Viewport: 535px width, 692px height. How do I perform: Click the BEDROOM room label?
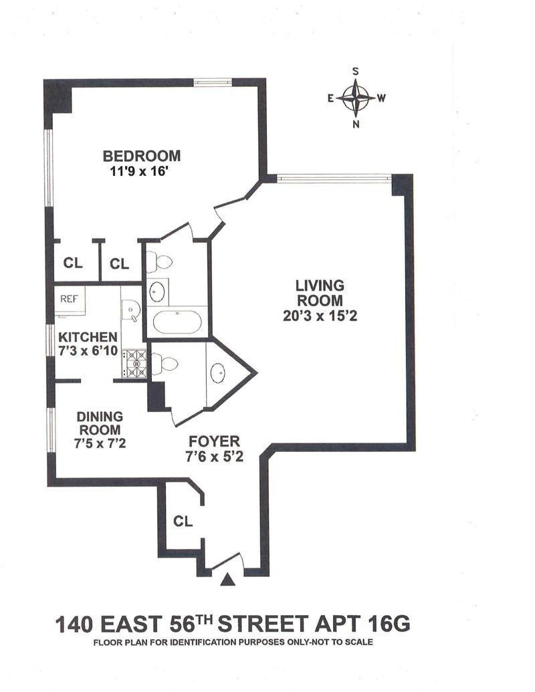point(142,156)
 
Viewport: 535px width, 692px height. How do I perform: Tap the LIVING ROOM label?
point(320,293)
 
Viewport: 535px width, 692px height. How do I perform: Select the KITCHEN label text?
point(88,337)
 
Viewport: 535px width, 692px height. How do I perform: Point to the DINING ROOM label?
point(100,423)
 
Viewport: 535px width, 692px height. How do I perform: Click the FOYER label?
point(214,441)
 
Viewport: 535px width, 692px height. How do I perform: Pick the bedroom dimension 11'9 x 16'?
point(140,171)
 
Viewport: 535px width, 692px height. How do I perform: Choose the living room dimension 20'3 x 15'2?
point(320,316)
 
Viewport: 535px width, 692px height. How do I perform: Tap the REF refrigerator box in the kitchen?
point(70,301)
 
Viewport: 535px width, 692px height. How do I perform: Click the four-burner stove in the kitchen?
point(134,364)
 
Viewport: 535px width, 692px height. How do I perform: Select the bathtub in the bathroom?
point(177,322)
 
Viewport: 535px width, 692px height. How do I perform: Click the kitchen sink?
point(131,308)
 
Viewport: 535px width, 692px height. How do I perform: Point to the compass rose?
point(355,98)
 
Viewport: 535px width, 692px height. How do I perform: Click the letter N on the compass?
point(356,124)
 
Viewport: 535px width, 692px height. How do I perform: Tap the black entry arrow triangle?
point(228,579)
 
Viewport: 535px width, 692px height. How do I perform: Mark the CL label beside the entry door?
point(183,522)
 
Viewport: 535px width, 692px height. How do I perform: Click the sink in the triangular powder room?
point(218,373)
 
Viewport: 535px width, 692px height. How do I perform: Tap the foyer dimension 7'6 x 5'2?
point(214,457)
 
